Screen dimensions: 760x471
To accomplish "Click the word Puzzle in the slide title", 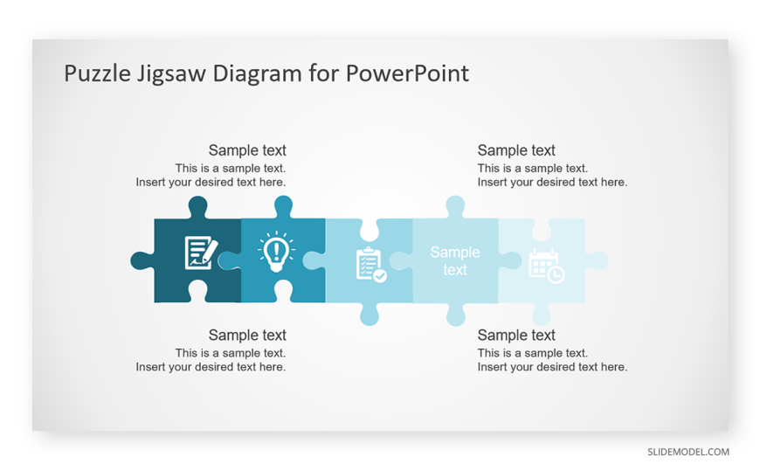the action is tap(98, 74).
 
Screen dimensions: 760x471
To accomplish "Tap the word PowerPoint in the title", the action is tap(407, 73).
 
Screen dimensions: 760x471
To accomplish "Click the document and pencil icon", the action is tap(201, 253).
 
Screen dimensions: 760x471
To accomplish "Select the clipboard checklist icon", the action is tap(370, 265).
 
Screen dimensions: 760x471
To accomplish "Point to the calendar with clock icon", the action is tap(546, 266).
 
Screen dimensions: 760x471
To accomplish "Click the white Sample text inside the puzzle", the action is tap(454, 261).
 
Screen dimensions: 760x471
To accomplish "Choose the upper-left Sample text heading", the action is tap(247, 150).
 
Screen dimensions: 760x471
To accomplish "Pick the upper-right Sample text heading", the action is tap(516, 150).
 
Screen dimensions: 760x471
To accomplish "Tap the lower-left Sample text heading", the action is tap(247, 336).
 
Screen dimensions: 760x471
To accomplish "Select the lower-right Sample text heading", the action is tap(516, 336).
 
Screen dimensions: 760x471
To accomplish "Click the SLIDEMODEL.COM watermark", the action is tap(688, 452).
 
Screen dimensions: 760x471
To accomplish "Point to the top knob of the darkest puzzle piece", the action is tap(197, 205).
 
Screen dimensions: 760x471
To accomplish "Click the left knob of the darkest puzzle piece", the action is tap(141, 260).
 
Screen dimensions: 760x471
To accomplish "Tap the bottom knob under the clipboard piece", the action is tap(370, 315).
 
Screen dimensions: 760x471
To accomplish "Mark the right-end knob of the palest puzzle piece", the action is tap(598, 260).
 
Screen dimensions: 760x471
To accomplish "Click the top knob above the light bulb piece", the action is tap(283, 205).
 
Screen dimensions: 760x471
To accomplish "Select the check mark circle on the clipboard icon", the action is tap(380, 276).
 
